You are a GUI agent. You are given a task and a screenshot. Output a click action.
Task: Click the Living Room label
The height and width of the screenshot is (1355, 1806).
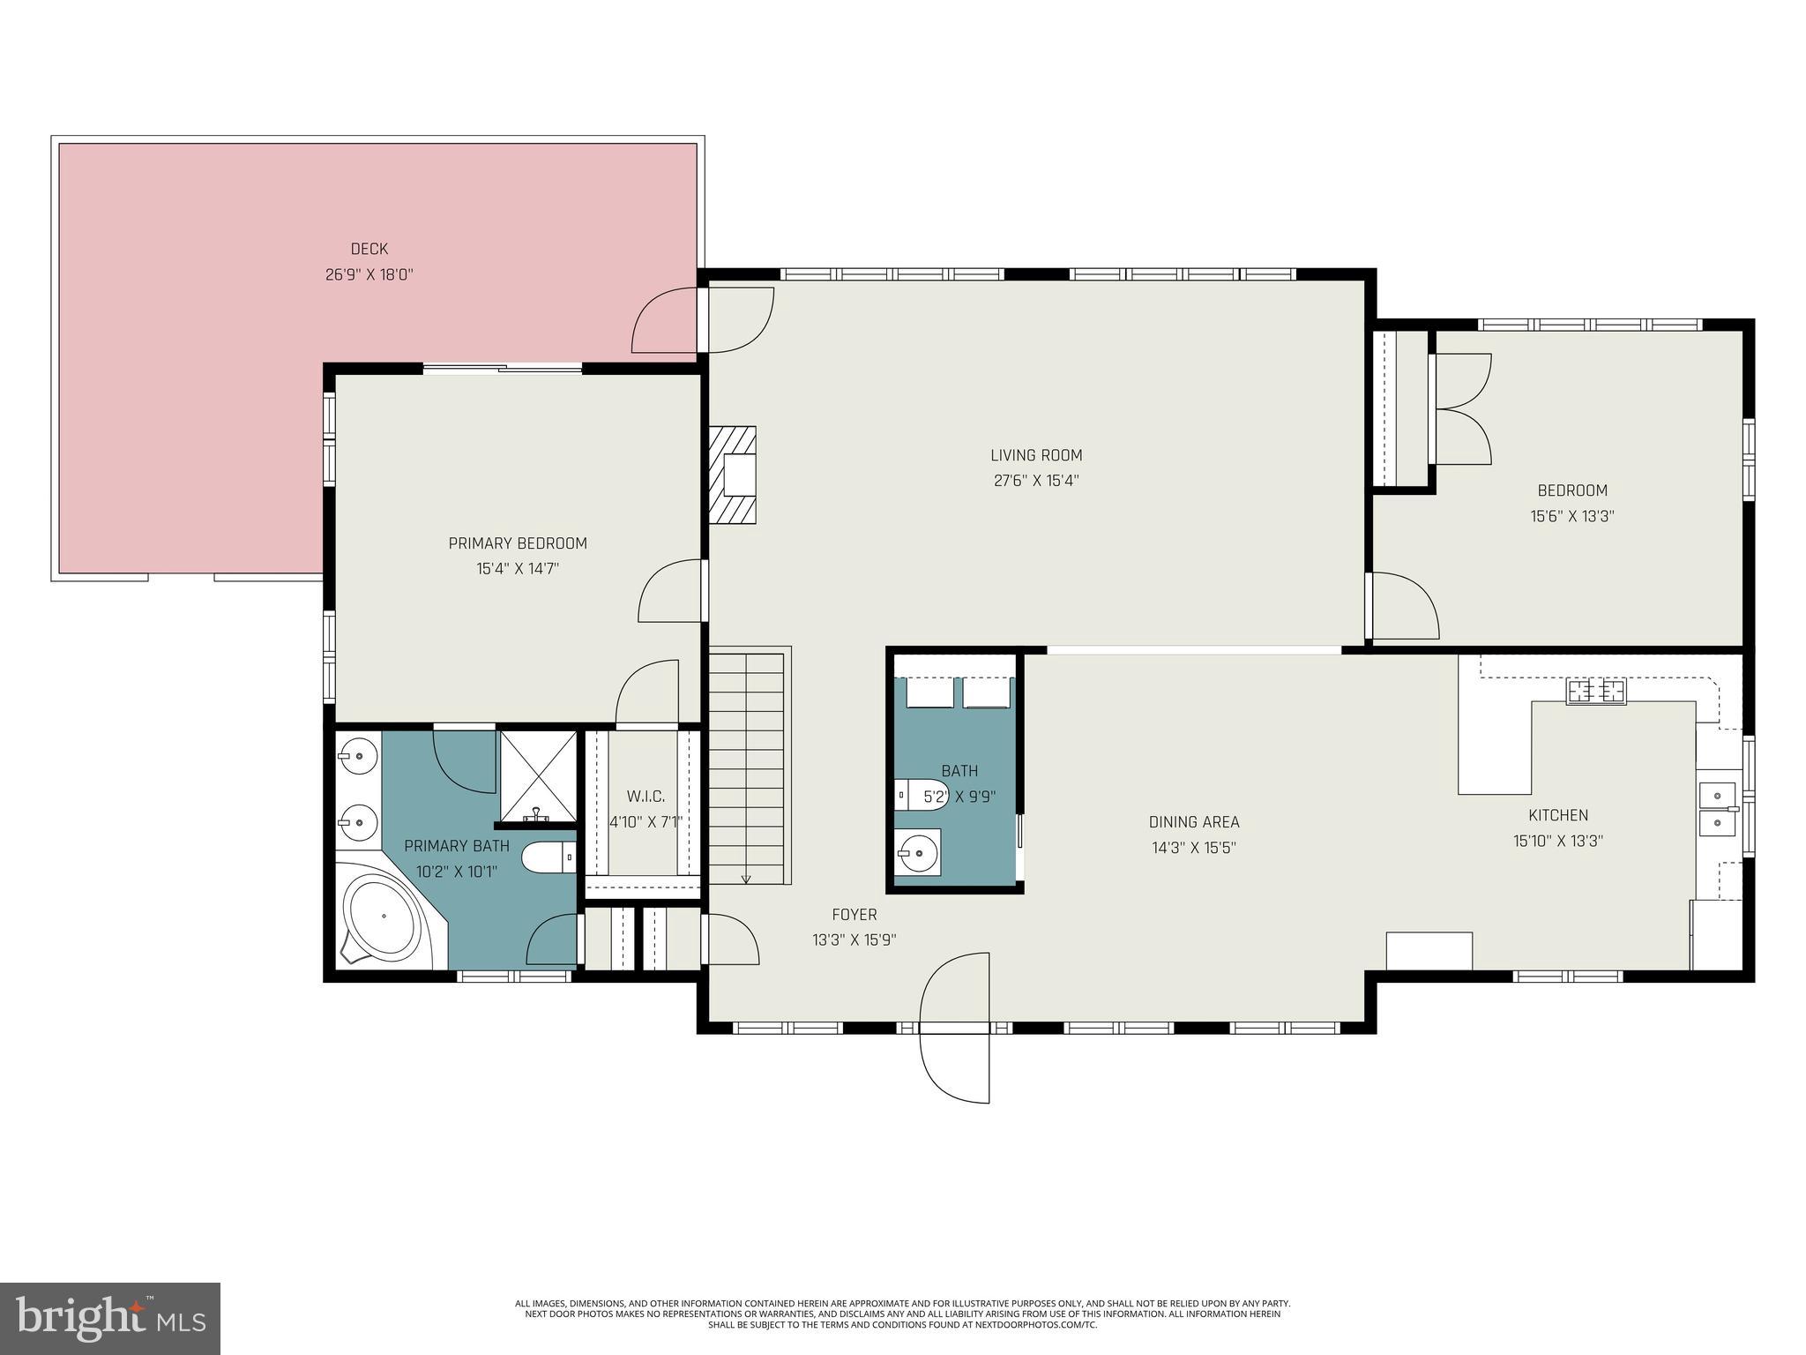pos(1036,455)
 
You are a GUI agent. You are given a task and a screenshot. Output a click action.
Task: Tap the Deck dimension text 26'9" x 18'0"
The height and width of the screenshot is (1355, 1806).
pos(369,274)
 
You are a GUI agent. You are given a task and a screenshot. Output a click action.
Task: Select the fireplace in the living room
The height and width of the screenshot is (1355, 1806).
pos(732,475)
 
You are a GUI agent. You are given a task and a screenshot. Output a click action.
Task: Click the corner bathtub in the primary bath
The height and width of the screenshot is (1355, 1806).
pos(383,916)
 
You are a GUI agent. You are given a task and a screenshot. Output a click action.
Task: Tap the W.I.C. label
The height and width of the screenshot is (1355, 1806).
pos(646,797)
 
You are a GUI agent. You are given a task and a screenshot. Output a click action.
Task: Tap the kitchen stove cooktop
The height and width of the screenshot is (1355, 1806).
pos(1596,692)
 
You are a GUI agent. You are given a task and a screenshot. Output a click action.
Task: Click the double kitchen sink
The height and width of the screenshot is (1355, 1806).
pos(1717,809)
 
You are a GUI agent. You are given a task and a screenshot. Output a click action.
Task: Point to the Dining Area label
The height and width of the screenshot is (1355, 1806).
pos(1194,822)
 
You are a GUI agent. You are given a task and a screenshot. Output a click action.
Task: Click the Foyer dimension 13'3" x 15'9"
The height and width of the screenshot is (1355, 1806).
pos(854,940)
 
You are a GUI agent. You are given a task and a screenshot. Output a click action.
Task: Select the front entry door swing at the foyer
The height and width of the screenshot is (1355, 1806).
pos(954,1027)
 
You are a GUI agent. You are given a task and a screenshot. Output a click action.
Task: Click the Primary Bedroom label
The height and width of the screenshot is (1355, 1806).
pos(518,543)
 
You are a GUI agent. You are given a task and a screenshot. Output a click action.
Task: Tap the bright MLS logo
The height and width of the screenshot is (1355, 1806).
pos(110,1318)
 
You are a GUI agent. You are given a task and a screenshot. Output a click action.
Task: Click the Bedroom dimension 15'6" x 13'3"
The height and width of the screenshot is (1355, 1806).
pos(1572,516)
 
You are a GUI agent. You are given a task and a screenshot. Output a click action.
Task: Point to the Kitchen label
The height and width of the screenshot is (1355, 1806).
pos(1558,815)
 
